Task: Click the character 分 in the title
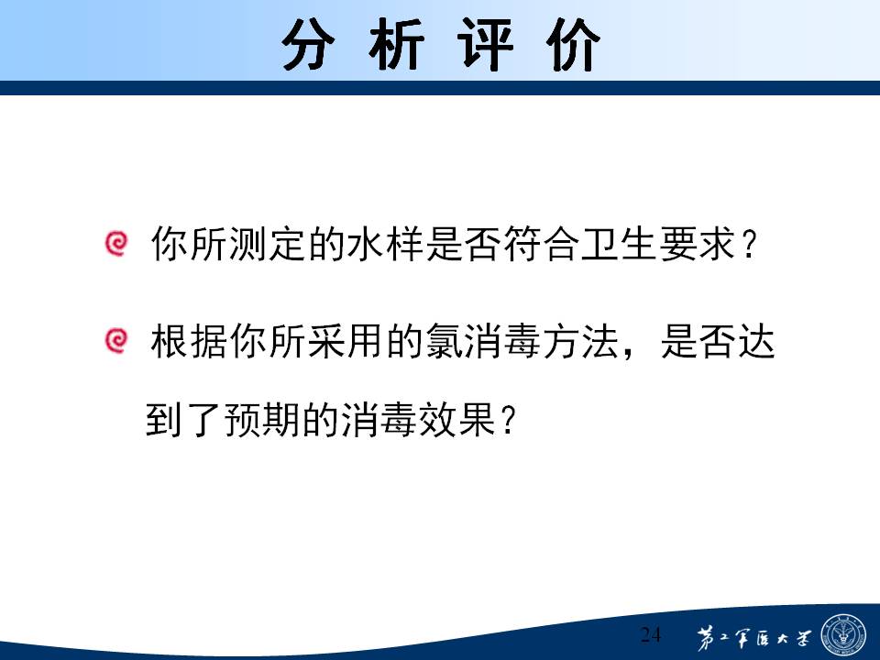[308, 44]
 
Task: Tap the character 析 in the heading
[396, 44]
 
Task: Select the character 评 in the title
[485, 44]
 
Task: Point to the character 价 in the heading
[573, 44]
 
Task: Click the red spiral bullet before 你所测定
[116, 244]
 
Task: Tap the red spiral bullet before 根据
[116, 341]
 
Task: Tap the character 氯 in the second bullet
[444, 341]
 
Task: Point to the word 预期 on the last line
[263, 419]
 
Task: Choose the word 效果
[458, 419]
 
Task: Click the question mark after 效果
[507, 421]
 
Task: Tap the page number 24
[651, 634]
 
